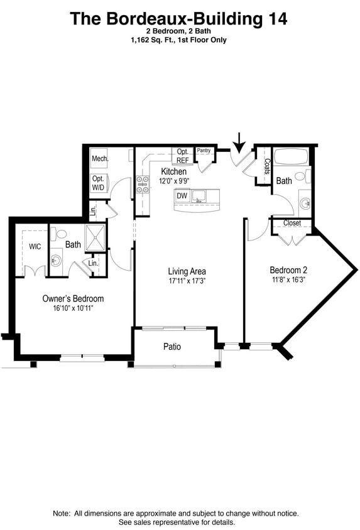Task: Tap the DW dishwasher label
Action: [182, 196]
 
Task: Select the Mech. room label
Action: [100, 159]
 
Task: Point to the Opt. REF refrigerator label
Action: [183, 156]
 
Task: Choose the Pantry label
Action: [204, 151]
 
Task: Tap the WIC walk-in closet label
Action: [35, 247]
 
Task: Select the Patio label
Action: [172, 346]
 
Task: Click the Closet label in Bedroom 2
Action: [292, 223]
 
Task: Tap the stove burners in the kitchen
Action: [143, 183]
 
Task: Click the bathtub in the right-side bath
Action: [290, 156]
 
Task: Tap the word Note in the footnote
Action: [62, 513]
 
